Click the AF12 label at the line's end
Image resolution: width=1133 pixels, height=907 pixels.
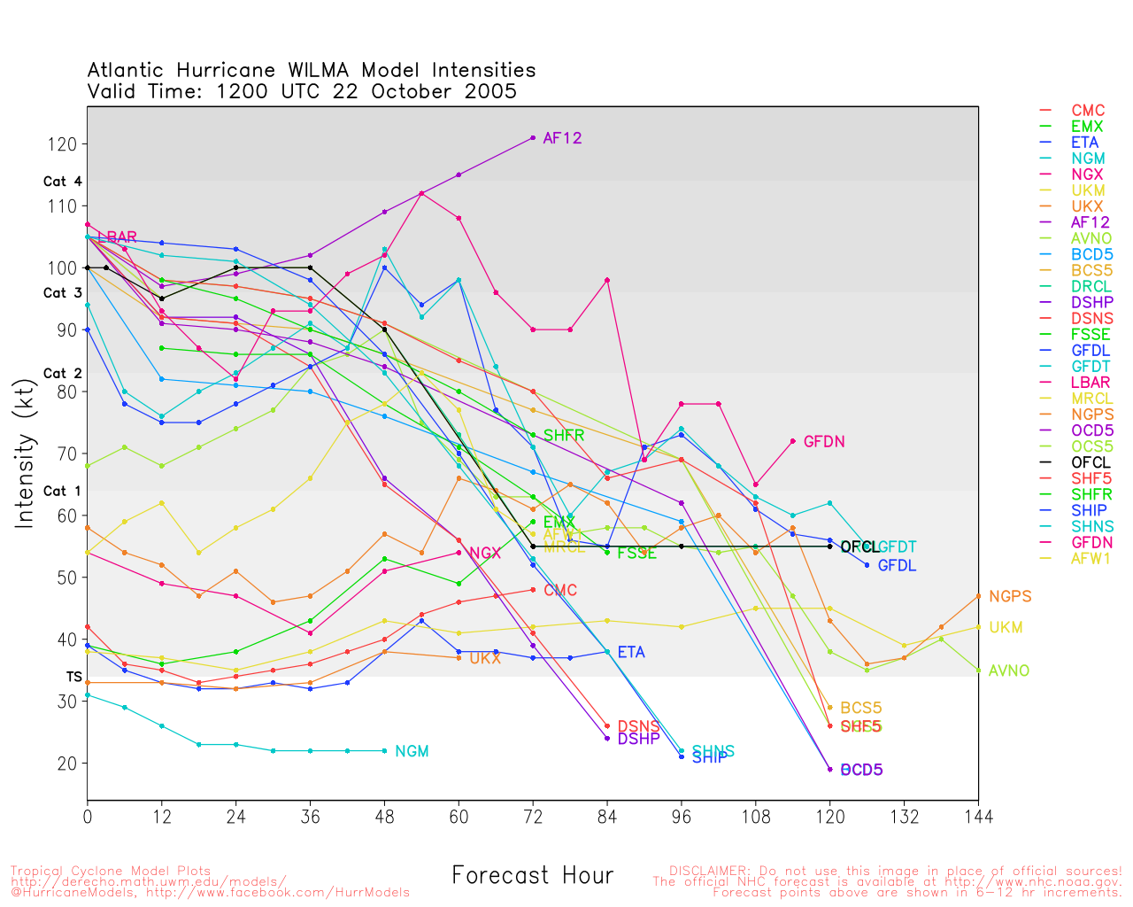tap(562, 138)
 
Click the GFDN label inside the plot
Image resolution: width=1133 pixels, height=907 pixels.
tap(823, 441)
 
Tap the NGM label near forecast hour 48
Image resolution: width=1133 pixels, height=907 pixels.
tap(412, 751)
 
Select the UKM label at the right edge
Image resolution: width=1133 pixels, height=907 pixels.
tap(1006, 627)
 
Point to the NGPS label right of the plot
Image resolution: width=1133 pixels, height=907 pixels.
tap(1010, 596)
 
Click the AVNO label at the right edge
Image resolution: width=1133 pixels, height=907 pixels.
tap(1009, 671)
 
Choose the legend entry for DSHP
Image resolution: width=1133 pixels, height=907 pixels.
tap(1091, 302)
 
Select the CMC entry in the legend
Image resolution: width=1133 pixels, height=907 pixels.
tap(1088, 111)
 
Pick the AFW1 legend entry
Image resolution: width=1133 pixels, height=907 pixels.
tap(1091, 558)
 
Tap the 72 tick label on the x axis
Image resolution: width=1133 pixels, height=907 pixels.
tap(533, 815)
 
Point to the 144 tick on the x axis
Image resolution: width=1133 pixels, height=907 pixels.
tap(978, 815)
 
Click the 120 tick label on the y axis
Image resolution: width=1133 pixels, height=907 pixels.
tap(67, 143)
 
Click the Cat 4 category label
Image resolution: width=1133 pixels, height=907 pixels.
tap(62, 182)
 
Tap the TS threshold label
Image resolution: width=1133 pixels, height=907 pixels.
tap(73, 677)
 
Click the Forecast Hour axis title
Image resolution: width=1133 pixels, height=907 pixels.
tap(532, 875)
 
